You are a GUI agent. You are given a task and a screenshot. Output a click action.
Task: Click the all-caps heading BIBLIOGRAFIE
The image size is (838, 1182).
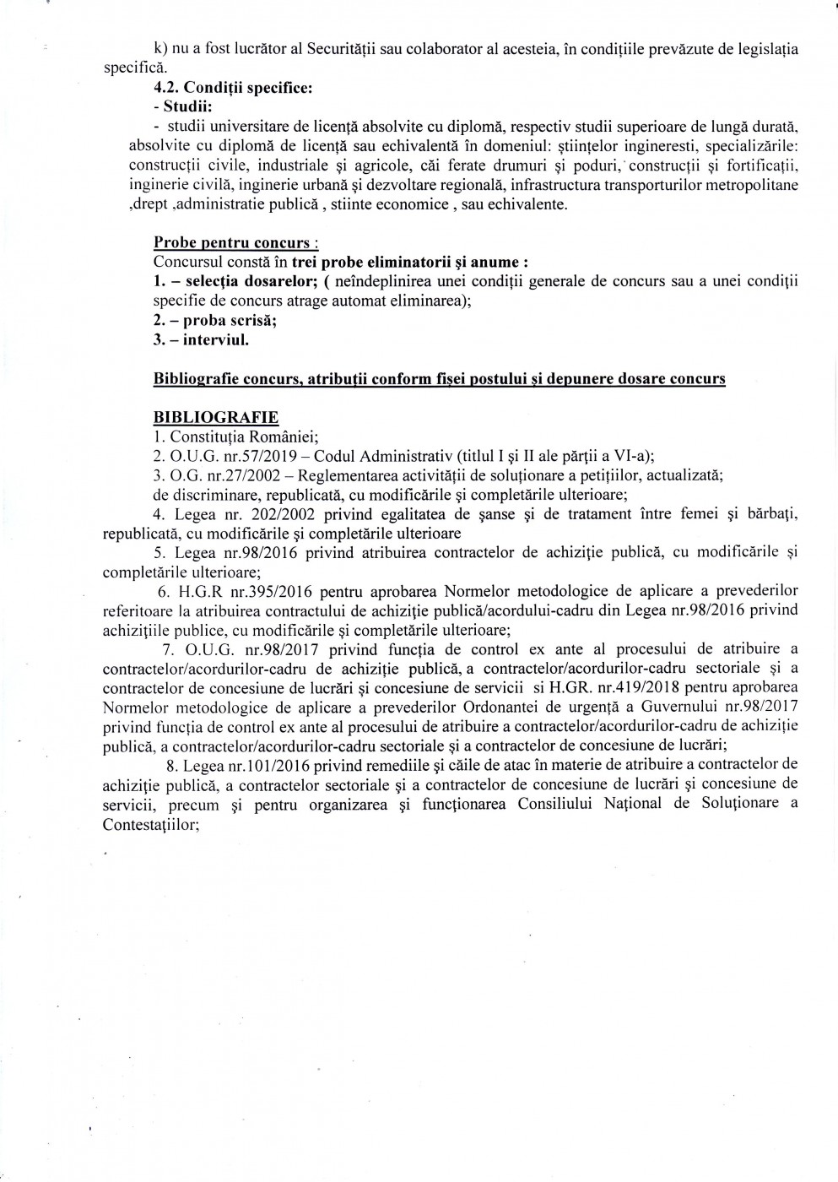pos(215,417)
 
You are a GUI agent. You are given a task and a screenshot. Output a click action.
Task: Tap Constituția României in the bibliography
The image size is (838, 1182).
pos(219,436)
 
